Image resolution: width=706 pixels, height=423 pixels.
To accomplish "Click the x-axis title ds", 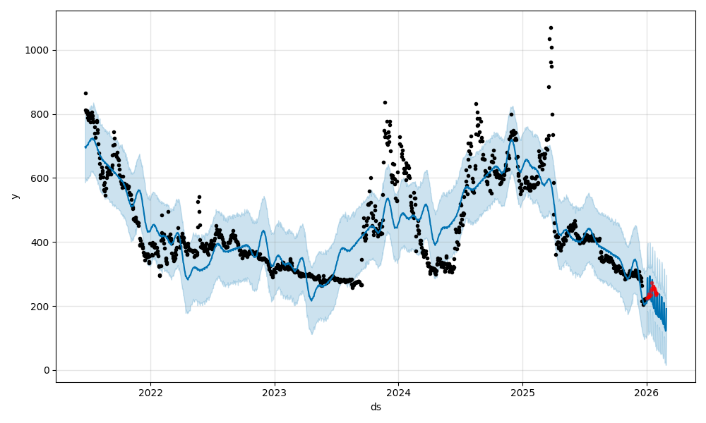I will coord(376,407).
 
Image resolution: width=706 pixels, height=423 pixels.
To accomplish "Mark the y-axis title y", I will coord(15,196).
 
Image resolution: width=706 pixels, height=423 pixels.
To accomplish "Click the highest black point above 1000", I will coord(551,27).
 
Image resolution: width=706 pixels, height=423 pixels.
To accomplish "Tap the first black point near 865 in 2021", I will coord(85,93).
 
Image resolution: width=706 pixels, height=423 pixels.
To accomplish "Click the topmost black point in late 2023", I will coord(385,102).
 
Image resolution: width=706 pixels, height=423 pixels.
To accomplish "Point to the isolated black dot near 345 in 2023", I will coord(361,259).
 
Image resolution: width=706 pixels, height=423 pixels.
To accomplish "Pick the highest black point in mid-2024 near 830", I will coord(476,104).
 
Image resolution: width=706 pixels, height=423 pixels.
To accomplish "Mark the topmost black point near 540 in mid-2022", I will coord(199,197).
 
